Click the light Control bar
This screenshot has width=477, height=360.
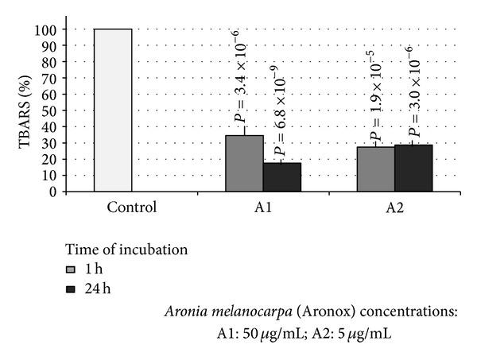click(x=113, y=110)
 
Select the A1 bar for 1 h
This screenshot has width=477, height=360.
click(x=244, y=164)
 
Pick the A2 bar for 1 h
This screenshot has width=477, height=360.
click(x=374, y=169)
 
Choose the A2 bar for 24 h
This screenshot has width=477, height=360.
click(x=413, y=168)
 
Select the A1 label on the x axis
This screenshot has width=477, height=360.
click(x=263, y=208)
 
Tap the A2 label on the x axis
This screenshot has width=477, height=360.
click(x=394, y=208)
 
